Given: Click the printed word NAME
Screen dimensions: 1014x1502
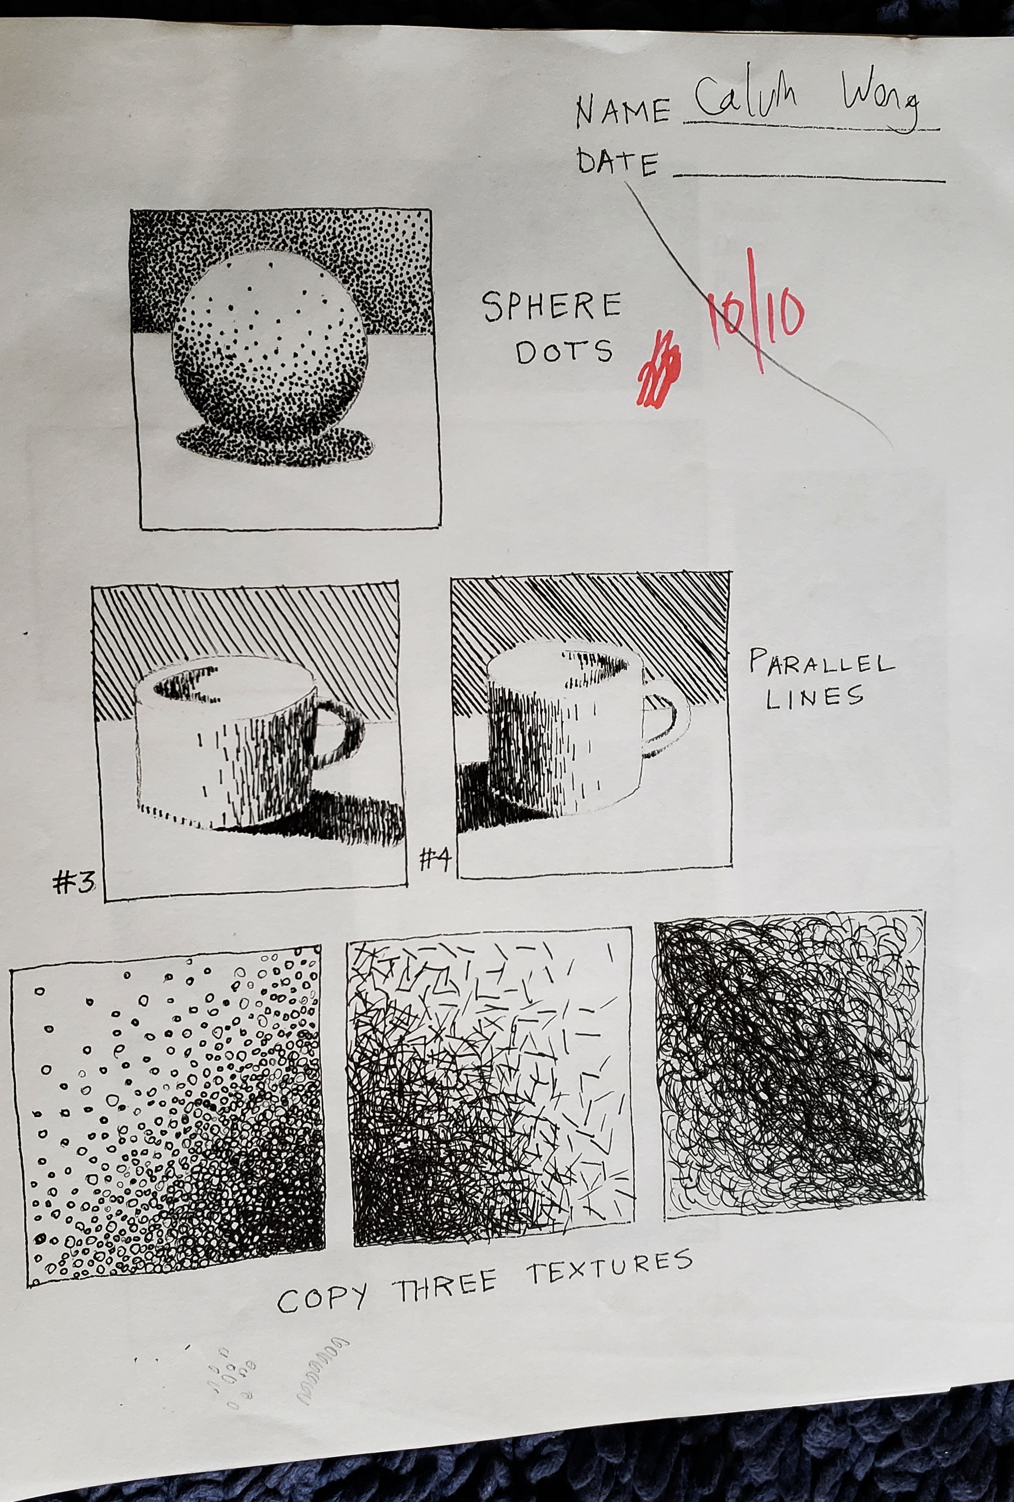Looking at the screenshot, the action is (x=623, y=111).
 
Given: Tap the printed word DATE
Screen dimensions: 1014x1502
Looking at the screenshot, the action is (x=617, y=162).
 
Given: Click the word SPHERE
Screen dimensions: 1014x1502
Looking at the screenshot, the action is (x=553, y=306).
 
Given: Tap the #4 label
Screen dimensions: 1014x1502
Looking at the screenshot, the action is (x=434, y=859).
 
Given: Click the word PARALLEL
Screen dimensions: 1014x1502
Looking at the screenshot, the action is (x=821, y=666).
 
